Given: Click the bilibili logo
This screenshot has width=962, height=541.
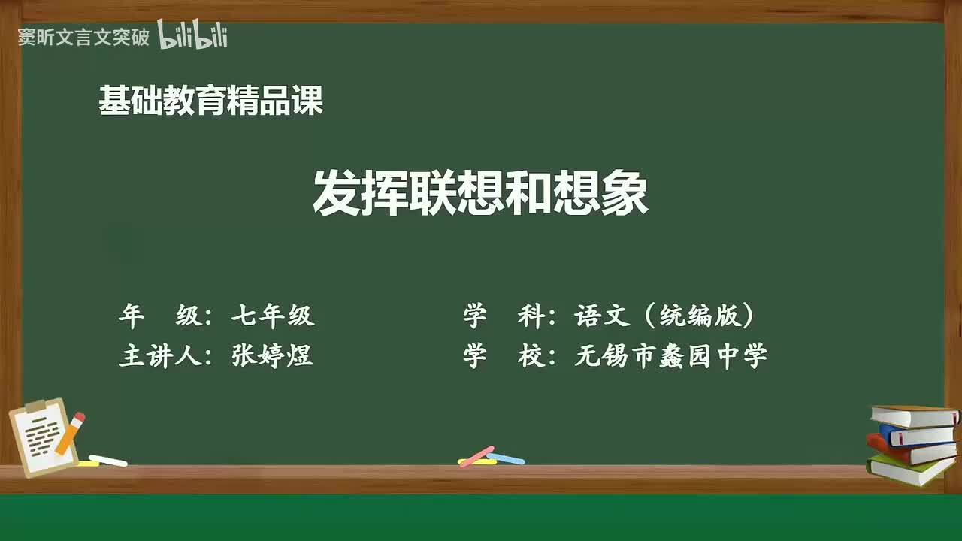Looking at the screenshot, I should [x=192, y=35].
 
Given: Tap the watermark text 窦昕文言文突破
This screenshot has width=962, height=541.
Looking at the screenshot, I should [x=83, y=38].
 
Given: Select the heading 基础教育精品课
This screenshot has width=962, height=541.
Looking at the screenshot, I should [x=210, y=101].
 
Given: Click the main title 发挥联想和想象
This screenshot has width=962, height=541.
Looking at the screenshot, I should [x=480, y=193].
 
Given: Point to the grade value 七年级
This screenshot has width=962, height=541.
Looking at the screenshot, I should [x=272, y=316].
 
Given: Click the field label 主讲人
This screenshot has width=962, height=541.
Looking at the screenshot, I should [x=165, y=356].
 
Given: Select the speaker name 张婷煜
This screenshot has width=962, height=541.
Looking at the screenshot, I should [x=272, y=356].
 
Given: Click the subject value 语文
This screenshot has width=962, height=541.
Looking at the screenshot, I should [x=602, y=316].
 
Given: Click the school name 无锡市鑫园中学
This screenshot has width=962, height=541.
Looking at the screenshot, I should [x=670, y=356].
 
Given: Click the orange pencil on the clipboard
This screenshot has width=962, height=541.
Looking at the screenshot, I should [x=70, y=433].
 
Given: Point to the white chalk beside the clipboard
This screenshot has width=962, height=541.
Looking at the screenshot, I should [x=108, y=460].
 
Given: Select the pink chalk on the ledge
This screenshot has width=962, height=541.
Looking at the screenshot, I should [x=476, y=456].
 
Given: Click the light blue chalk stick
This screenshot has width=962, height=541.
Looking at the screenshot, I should [x=505, y=458].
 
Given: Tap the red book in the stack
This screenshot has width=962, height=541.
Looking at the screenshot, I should [x=909, y=450].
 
